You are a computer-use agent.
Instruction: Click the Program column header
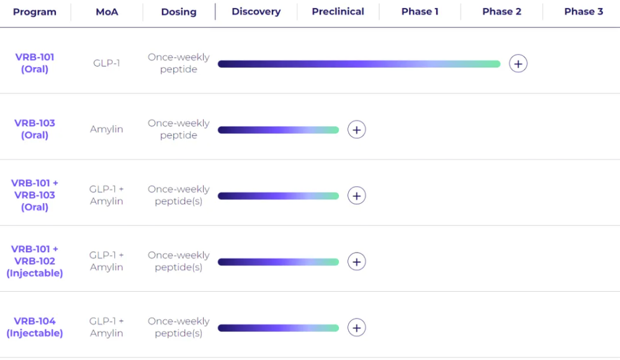[x=35, y=12]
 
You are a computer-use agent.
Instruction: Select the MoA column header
[x=107, y=12]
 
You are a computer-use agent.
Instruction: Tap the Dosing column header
[x=179, y=12]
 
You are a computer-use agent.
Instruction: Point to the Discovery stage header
[x=256, y=11]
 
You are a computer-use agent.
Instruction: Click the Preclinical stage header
[x=338, y=11]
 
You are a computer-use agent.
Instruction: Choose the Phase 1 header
[x=420, y=11]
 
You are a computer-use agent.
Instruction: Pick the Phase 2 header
[x=502, y=11]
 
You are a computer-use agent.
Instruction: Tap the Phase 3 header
[x=583, y=11]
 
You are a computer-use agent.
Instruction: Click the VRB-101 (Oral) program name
[x=35, y=63]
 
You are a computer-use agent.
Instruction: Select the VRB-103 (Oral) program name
[x=35, y=129]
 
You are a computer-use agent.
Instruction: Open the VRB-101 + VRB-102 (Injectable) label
[x=35, y=261]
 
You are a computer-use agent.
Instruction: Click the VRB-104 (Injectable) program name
[x=35, y=327]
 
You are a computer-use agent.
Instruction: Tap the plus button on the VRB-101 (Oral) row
[x=518, y=64]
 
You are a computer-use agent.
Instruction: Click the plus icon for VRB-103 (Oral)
[x=357, y=130]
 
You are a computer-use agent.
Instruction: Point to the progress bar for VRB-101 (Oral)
[x=359, y=64]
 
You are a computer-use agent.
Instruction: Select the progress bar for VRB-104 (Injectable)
[x=279, y=328]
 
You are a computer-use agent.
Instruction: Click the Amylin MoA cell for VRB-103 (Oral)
[x=106, y=129]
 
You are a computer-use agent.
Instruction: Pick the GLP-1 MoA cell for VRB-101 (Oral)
[x=106, y=63]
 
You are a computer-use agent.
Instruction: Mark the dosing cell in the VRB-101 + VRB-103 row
[x=179, y=195]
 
